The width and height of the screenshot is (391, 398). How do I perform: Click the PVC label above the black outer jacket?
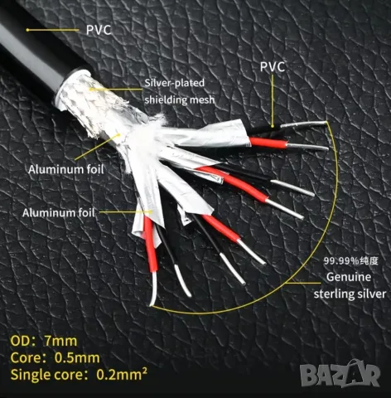[x=99, y=30]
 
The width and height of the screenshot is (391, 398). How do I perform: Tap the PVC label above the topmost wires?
[x=273, y=67]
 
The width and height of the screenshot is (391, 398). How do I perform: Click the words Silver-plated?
[x=175, y=83]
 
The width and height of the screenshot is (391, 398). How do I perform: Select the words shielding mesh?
[x=180, y=99]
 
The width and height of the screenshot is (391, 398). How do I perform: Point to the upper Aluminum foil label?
[x=66, y=169]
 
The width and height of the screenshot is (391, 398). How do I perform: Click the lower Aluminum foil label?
[x=59, y=213]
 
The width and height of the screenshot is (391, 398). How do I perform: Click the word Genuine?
[x=349, y=277]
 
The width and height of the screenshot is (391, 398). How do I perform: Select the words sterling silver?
[x=350, y=294]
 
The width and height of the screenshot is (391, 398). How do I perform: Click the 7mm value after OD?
[x=60, y=341]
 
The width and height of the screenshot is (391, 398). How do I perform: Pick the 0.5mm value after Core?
[x=77, y=358]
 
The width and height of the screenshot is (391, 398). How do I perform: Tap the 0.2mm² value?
[x=122, y=374]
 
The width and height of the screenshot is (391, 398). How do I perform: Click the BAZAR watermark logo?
[x=340, y=373]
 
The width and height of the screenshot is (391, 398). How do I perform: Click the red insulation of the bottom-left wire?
[x=150, y=244]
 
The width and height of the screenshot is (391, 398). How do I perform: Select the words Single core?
[x=46, y=375]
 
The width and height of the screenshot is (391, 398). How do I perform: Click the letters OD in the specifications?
[x=20, y=341]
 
